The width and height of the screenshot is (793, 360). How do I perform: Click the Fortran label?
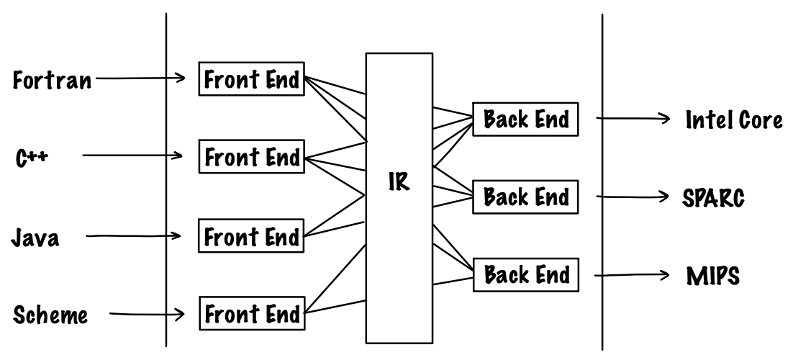click(x=53, y=80)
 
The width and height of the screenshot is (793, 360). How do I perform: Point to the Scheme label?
click(x=50, y=315)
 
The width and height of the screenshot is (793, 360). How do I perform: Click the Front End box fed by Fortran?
click(x=251, y=80)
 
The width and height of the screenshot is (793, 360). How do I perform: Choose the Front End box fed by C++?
click(x=251, y=157)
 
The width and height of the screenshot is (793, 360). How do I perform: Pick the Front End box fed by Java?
click(x=251, y=236)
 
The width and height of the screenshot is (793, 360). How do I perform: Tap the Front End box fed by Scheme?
click(x=251, y=315)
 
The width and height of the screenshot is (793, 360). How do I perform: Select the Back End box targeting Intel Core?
click(x=525, y=119)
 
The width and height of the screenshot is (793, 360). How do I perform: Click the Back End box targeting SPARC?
click(x=525, y=196)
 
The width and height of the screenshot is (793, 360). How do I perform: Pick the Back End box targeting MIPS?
click(x=525, y=274)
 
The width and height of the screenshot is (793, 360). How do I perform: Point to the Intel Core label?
click(x=733, y=120)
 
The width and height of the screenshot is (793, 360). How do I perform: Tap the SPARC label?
click(x=712, y=197)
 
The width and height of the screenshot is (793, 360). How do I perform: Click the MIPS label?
click(x=712, y=276)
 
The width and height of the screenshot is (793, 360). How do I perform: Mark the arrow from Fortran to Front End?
click(x=140, y=78)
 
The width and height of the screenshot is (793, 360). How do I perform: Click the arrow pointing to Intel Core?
click(x=633, y=120)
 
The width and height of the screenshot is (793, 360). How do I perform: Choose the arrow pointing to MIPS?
click(x=633, y=275)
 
